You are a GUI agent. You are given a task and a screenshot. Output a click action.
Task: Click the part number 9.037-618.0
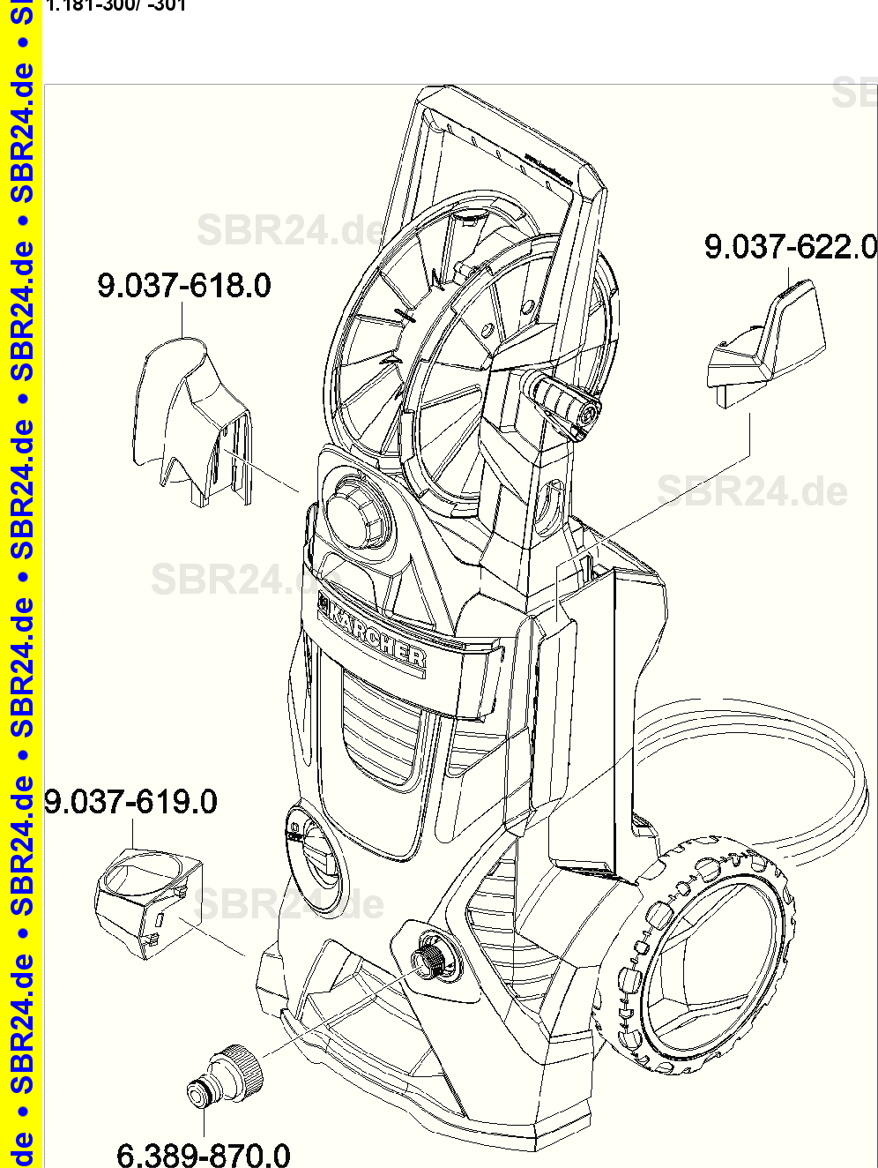tap(183, 286)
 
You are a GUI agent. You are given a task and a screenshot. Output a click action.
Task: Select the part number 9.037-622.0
tap(790, 247)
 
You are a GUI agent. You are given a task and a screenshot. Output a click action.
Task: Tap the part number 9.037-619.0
tap(130, 802)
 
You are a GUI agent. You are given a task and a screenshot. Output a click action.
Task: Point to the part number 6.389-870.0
tap(203, 1153)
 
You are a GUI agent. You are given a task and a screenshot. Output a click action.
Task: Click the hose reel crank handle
tap(564, 401)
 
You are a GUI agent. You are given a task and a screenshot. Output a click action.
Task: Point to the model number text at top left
tap(115, 5)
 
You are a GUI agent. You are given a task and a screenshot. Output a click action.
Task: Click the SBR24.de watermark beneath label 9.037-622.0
tap(752, 490)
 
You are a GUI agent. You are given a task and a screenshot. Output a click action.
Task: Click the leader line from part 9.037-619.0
tap(212, 937)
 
